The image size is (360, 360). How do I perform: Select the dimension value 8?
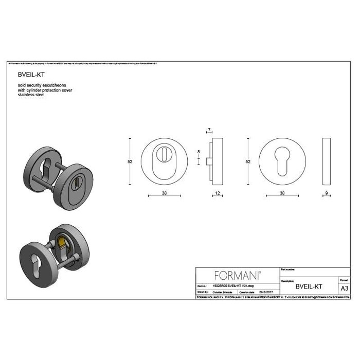199,152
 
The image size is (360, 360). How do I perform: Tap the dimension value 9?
327,194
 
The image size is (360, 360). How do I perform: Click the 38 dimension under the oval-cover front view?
164,194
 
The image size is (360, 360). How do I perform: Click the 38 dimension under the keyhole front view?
282,194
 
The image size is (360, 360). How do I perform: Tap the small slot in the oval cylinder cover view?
164,154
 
